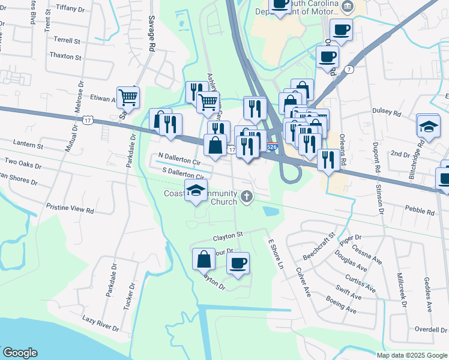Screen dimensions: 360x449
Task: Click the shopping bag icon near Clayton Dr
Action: (x=203, y=259)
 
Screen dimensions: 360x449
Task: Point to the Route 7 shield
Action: (x=349, y=70)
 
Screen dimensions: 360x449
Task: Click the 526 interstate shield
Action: (x=272, y=146)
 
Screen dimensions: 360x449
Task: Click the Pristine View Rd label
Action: (x=70, y=211)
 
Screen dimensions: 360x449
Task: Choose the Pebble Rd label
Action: (x=420, y=211)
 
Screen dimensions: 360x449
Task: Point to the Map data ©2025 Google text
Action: (x=412, y=355)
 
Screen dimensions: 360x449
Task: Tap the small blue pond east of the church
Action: (x=270, y=211)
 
